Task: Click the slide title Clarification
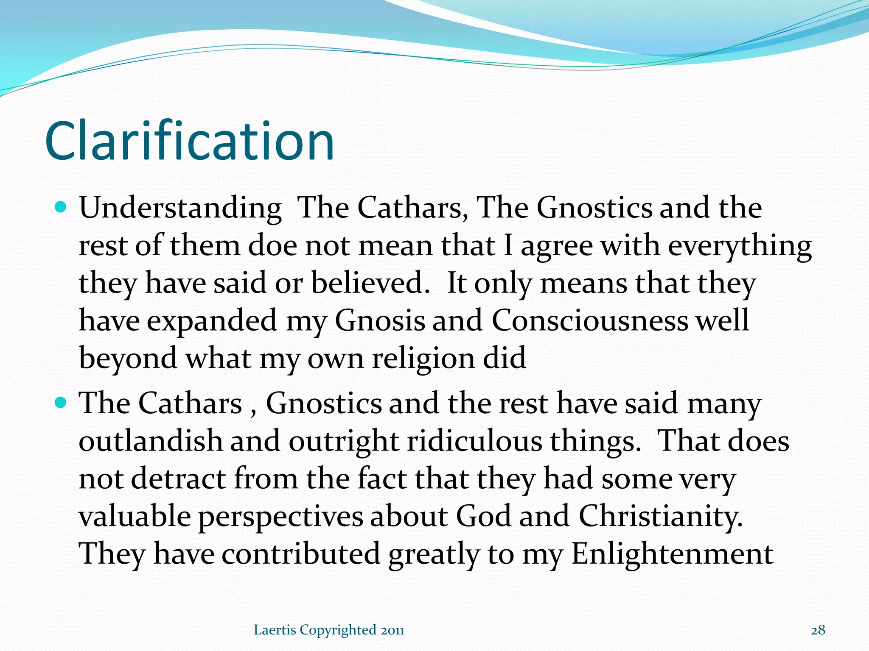click(190, 141)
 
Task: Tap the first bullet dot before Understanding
click(62, 208)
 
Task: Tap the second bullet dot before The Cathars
click(62, 403)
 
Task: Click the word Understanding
click(180, 209)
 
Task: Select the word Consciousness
click(590, 321)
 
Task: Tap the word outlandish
click(151, 441)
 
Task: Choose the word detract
click(178, 479)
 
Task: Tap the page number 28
click(818, 630)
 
